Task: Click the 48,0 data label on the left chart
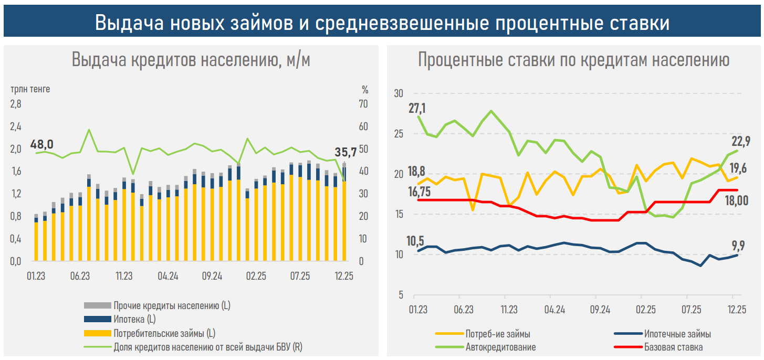pyautogui.click(x=41, y=144)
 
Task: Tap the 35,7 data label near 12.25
pyautogui.click(x=346, y=153)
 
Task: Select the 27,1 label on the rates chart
pyautogui.click(x=418, y=109)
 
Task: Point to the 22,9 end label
pyautogui.click(x=741, y=141)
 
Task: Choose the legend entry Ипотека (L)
pyautogui.click(x=134, y=319)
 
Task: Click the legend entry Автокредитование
pyautogui.click(x=500, y=347)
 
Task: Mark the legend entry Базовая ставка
pyautogui.click(x=673, y=347)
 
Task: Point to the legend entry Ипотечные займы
pyautogui.click(x=677, y=334)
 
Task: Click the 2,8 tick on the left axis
pyautogui.click(x=16, y=104)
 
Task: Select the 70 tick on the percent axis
pyautogui.click(x=363, y=104)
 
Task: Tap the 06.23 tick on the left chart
pyautogui.click(x=80, y=276)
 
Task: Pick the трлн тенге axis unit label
pyautogui.click(x=30, y=89)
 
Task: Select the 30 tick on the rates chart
pyautogui.click(x=398, y=93)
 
